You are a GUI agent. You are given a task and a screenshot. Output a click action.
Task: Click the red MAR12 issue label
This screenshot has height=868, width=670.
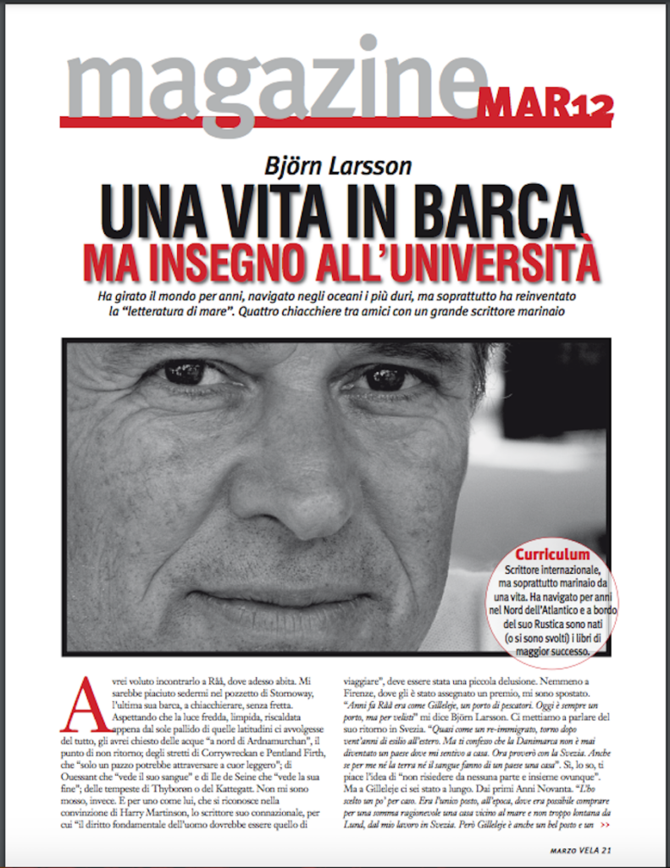pos(545,104)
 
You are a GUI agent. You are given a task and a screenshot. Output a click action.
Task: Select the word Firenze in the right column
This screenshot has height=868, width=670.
pos(361,692)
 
